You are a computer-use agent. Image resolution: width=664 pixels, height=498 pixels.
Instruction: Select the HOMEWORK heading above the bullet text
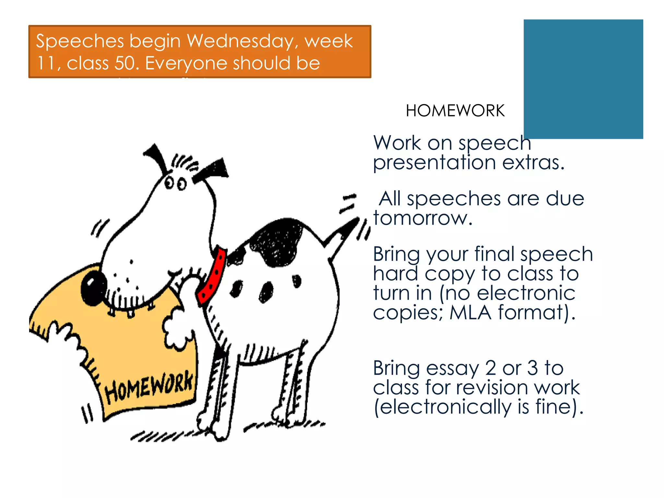[455, 111]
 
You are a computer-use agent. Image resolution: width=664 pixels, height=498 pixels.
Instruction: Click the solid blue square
[583, 79]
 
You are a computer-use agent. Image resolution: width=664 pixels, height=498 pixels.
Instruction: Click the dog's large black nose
[93, 287]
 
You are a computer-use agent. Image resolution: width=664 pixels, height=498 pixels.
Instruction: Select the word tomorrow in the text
[422, 218]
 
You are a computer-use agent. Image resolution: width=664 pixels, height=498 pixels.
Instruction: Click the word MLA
[470, 313]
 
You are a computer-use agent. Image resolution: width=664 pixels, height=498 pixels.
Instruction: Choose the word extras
[533, 162]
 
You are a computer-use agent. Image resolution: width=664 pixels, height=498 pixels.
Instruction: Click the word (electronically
[443, 407]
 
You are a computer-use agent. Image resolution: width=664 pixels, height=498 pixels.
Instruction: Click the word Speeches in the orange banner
[80, 41]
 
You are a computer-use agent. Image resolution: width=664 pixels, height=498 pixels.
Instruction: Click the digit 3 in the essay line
[532, 368]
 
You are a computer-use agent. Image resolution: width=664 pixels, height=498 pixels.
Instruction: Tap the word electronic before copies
[526, 293]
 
